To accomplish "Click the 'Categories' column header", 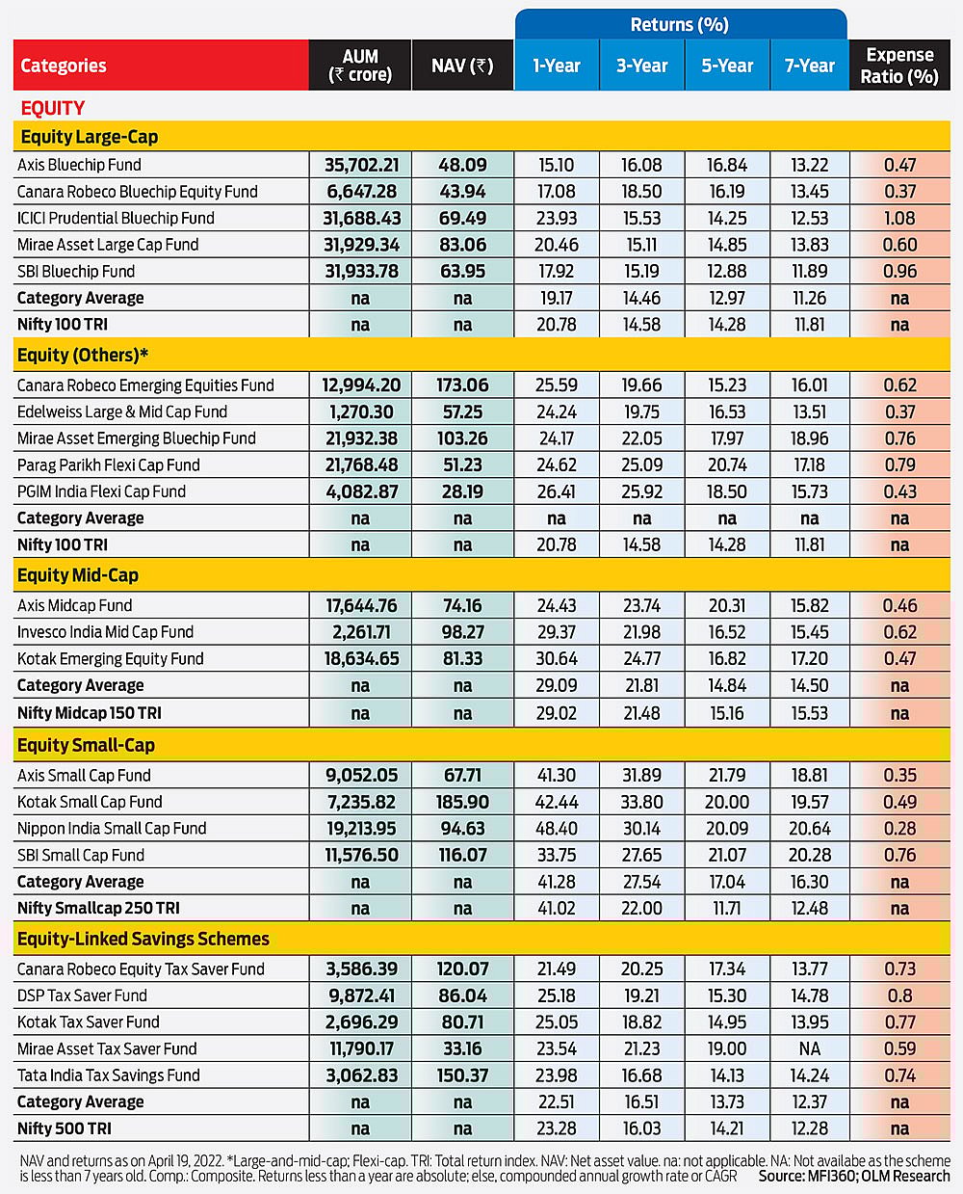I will (x=64, y=66).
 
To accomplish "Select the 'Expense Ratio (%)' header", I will (x=899, y=66).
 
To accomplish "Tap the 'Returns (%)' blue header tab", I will (x=680, y=24).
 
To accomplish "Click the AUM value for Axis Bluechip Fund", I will (x=361, y=165).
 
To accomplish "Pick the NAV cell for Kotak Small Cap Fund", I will (x=462, y=802).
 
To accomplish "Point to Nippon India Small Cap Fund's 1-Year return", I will (x=557, y=828).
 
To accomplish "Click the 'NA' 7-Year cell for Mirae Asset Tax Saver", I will (x=810, y=1048).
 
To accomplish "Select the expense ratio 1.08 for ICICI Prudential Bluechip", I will (x=899, y=218).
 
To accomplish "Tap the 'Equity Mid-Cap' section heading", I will (x=78, y=575).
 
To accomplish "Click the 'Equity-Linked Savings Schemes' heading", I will (x=143, y=939).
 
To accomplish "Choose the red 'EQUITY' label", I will (x=53, y=108).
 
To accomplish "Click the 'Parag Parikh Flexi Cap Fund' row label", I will (x=109, y=464).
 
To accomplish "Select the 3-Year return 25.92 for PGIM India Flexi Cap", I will (x=641, y=491).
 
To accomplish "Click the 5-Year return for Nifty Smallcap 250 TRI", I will (x=727, y=908).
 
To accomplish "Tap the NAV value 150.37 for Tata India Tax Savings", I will (x=462, y=1075).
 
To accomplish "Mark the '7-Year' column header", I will (x=810, y=66).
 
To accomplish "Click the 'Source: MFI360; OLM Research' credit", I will (x=853, y=1176).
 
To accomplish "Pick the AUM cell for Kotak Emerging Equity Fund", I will (x=361, y=658).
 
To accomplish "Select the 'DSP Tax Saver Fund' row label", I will (x=82, y=995).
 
